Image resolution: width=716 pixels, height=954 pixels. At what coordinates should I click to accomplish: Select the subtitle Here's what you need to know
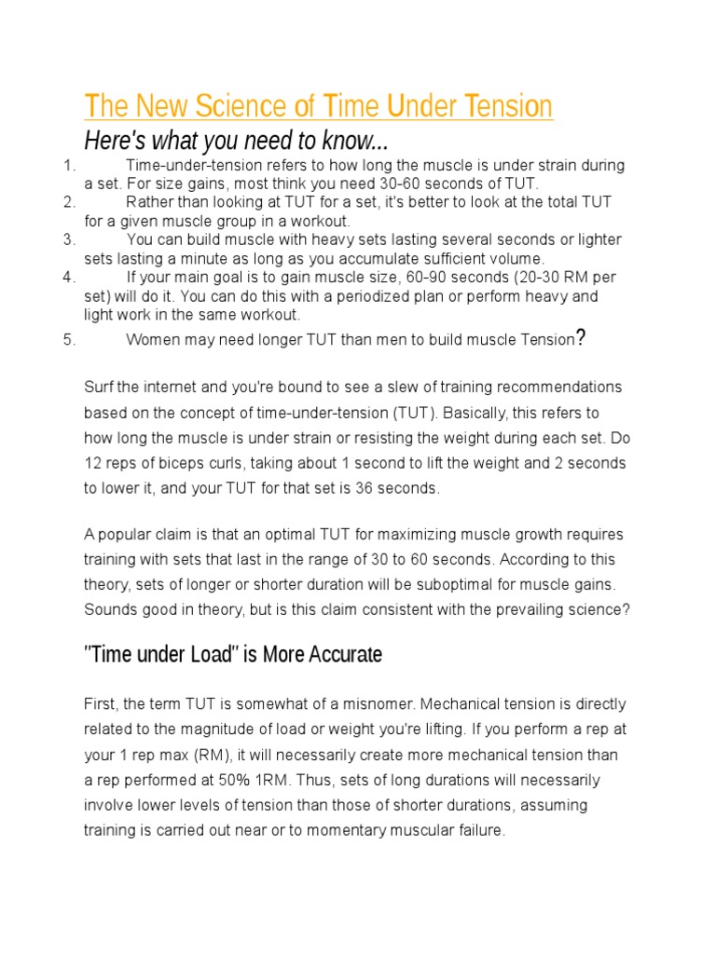point(236,142)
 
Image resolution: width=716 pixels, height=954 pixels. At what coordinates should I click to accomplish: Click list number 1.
point(67,166)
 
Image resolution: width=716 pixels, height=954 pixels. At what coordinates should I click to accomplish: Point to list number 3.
point(68,239)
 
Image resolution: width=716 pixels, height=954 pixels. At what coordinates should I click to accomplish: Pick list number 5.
point(68,340)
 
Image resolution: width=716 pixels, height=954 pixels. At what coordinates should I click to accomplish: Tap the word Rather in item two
point(148,202)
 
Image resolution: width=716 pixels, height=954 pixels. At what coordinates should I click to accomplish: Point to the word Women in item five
point(152,340)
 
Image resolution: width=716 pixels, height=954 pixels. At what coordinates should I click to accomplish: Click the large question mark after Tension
point(581,337)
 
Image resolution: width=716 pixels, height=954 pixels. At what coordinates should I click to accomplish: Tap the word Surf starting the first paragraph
point(99,387)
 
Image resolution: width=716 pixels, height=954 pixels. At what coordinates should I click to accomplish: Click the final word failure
point(477,830)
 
